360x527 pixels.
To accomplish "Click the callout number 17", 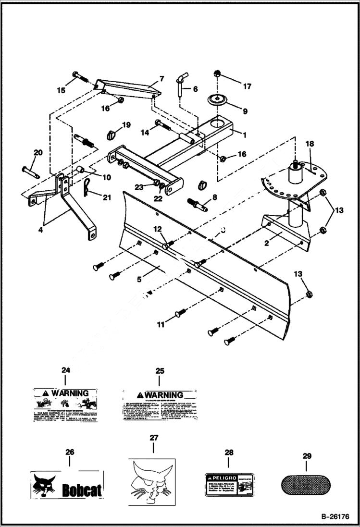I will [247, 87].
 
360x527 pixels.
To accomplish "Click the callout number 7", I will [161, 78].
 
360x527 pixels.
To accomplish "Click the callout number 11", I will [160, 325].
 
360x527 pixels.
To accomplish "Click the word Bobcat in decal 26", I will [82, 490].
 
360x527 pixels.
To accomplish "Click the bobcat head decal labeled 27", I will [152, 482].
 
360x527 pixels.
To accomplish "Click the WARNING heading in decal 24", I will [70, 393].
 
